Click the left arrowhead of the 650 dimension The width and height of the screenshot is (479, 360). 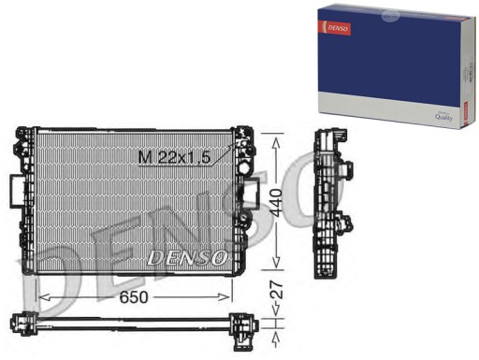click(x=39, y=296)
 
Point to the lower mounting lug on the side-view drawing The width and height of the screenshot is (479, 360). click(x=347, y=224)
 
